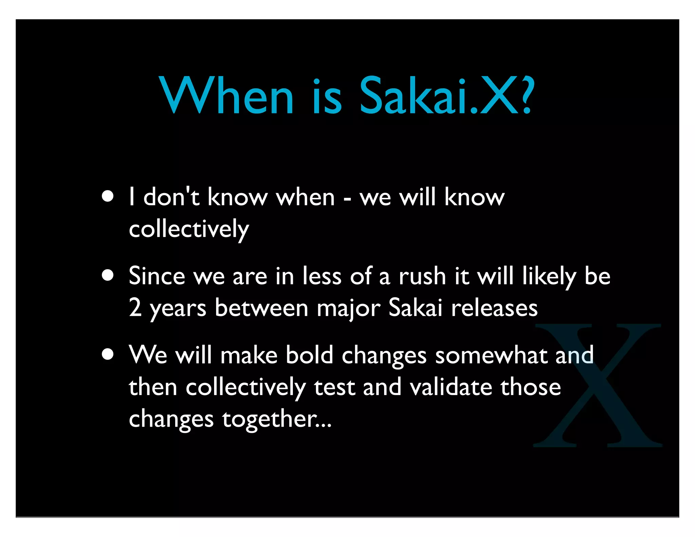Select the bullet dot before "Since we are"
pyautogui.click(x=108, y=275)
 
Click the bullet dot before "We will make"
pyautogui.click(x=108, y=354)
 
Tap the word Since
pyautogui.click(x=157, y=276)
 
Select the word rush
pyautogui.click(x=422, y=276)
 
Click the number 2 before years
pyautogui.click(x=135, y=308)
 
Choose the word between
pyautogui.click(x=261, y=308)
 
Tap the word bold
pyautogui.click(x=309, y=355)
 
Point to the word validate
pyautogui.click(x=451, y=387)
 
